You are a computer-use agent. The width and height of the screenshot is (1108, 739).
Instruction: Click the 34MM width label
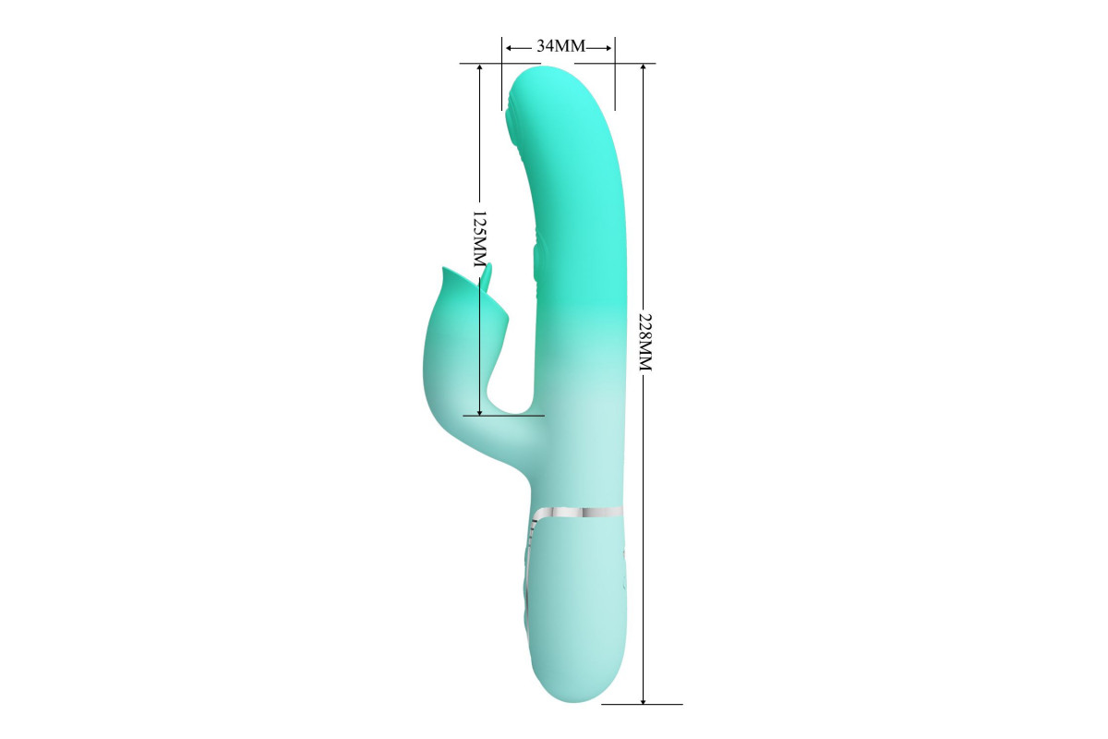[x=561, y=46]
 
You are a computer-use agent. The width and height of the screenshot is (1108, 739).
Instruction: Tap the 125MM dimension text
[x=479, y=239]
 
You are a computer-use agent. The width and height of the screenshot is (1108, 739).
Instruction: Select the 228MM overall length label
[x=645, y=342]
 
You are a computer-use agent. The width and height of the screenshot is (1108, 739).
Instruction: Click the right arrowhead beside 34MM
[x=608, y=48]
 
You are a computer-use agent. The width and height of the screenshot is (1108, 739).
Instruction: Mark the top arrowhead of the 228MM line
[x=643, y=68]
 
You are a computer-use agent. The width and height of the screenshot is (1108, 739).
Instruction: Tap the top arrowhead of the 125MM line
[x=479, y=68]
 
